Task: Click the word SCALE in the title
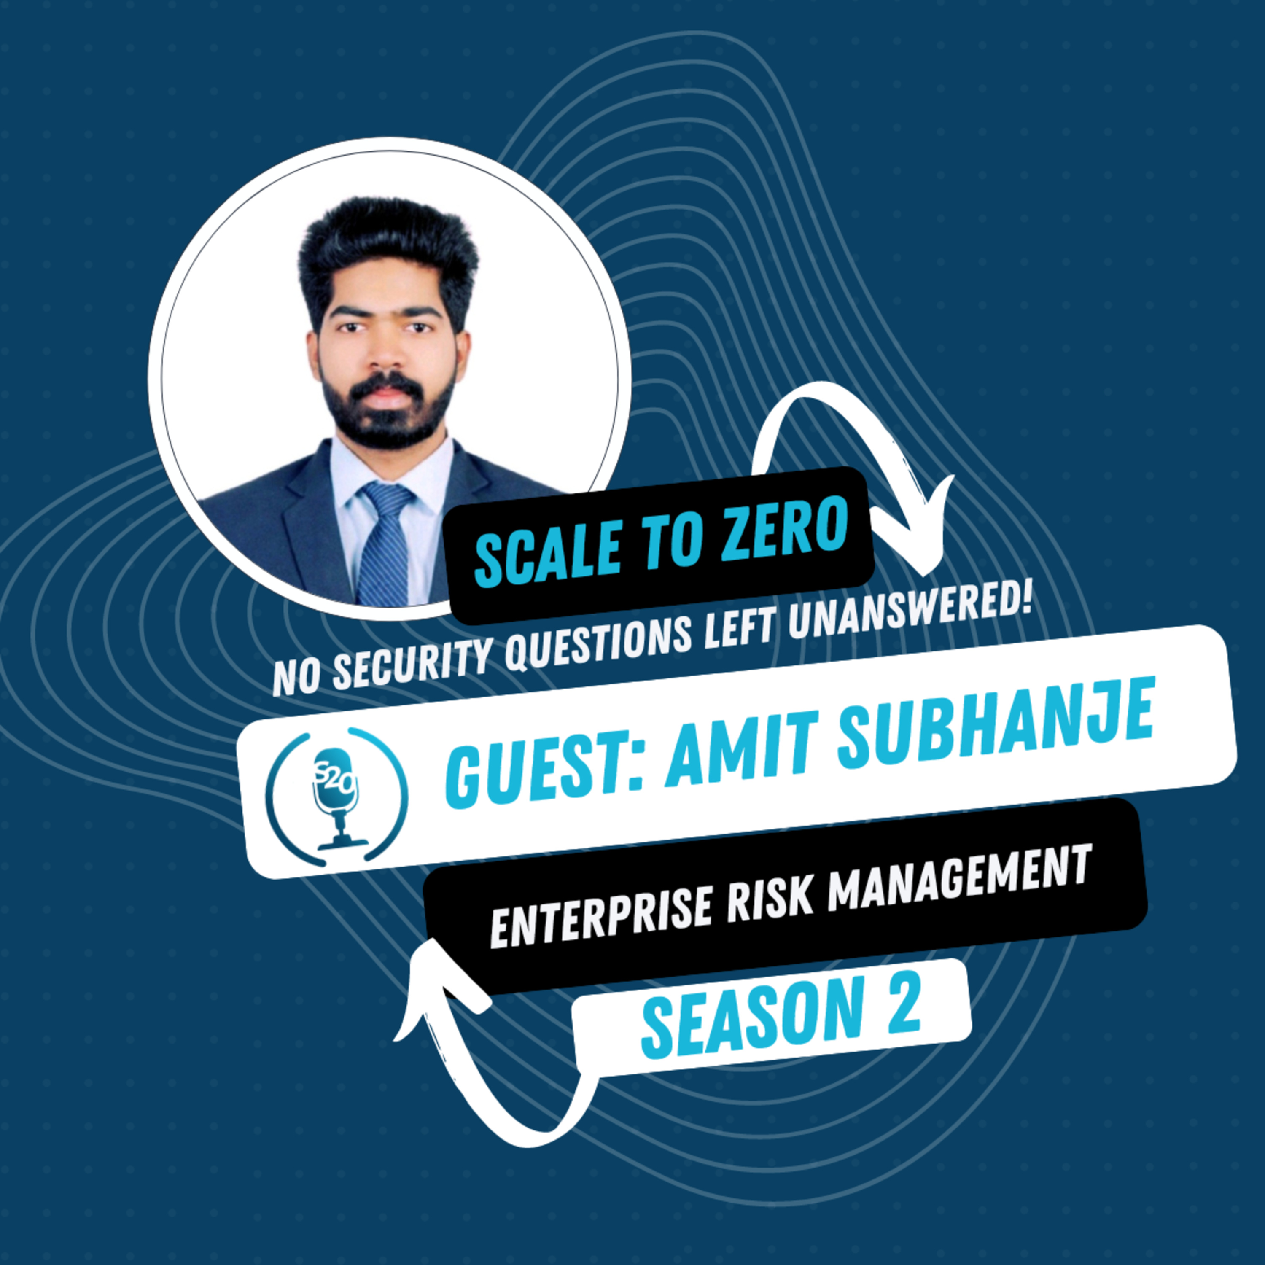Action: [x=549, y=553]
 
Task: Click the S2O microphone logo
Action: [x=336, y=796]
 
